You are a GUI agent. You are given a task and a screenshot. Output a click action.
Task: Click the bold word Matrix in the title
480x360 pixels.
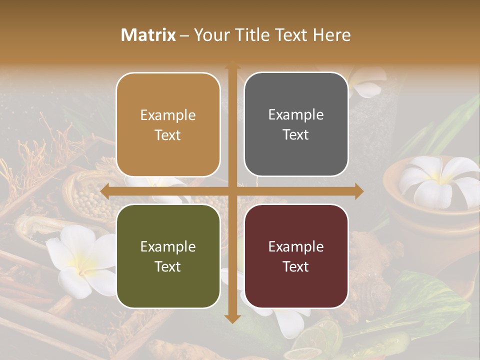[x=148, y=35]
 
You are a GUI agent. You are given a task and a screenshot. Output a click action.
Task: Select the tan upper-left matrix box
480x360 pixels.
[x=168, y=124]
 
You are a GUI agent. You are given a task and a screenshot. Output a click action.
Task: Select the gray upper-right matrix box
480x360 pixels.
[x=296, y=124]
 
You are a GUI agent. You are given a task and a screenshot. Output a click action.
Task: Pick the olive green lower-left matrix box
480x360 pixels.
[x=168, y=256]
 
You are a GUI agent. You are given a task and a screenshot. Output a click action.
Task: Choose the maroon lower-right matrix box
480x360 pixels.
[x=296, y=256]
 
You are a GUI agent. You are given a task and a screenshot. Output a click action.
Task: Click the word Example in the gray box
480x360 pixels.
[x=296, y=115]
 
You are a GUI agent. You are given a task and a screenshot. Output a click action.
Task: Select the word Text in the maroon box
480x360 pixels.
[x=296, y=266]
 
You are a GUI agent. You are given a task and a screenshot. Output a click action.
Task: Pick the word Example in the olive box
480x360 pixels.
[x=168, y=246]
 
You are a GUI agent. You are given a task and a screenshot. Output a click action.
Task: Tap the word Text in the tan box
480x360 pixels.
[x=168, y=135]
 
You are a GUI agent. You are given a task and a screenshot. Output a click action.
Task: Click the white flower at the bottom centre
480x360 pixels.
[x=280, y=320]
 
